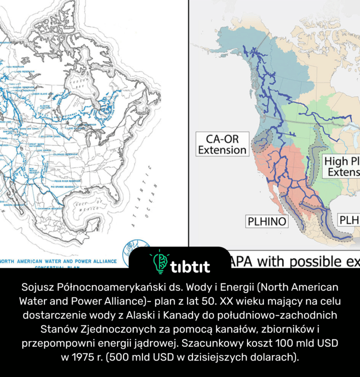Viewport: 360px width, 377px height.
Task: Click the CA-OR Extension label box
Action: (x=222, y=145)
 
